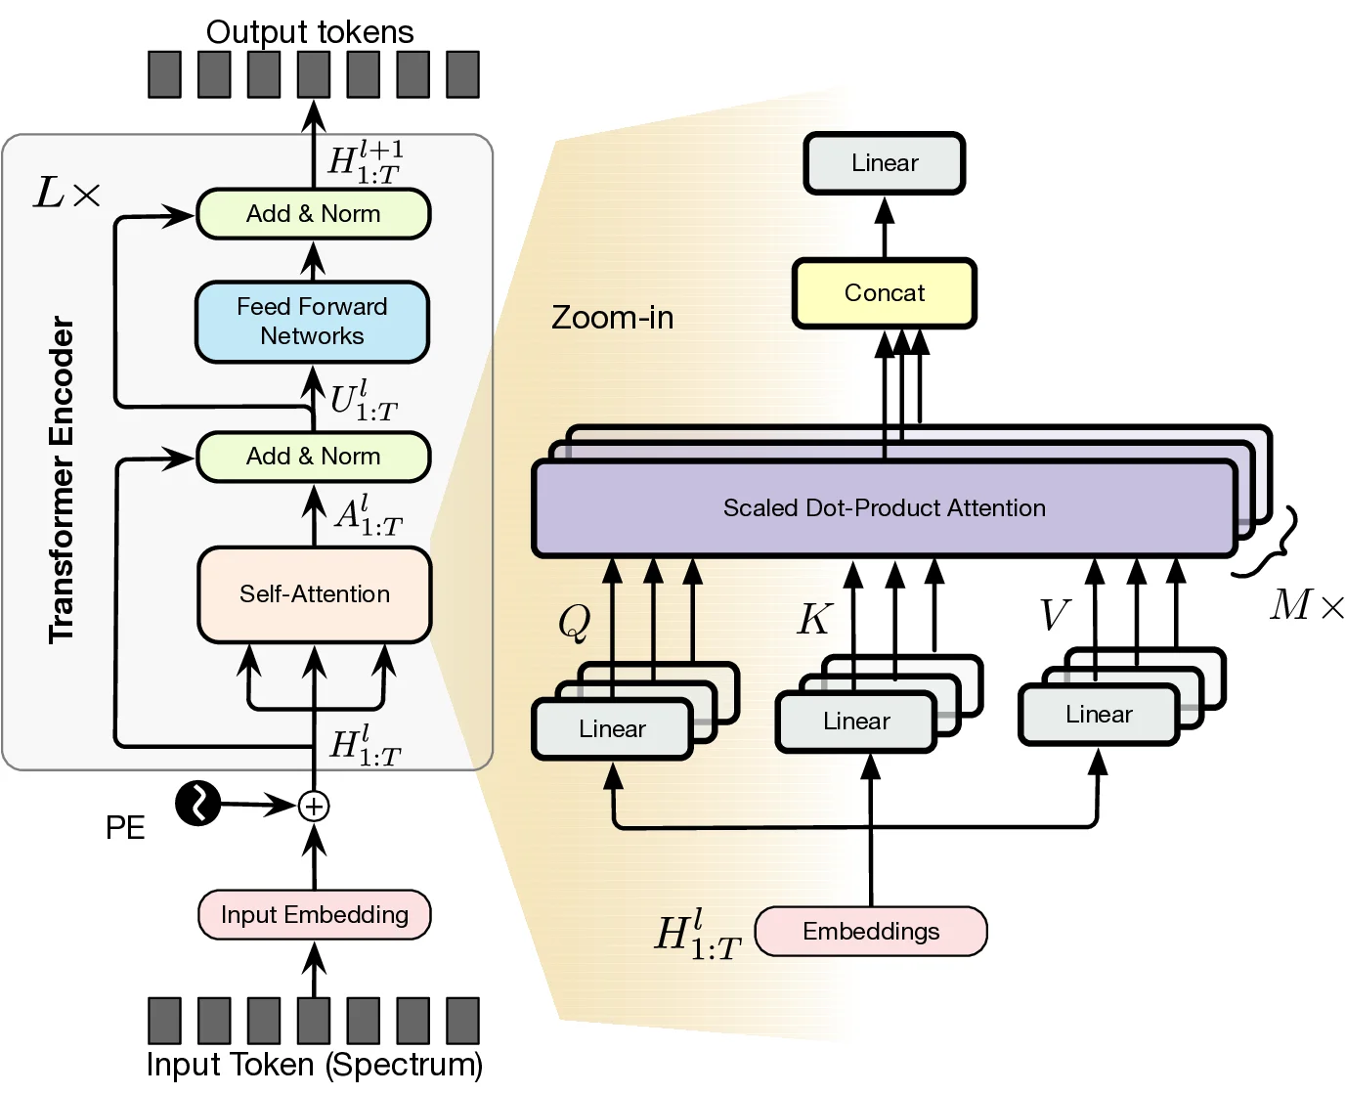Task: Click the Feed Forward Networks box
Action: pyautogui.click(x=312, y=322)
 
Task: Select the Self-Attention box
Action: pyautogui.click(x=314, y=594)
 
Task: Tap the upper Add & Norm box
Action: pyautogui.click(x=313, y=214)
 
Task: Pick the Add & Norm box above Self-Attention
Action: pyautogui.click(x=313, y=457)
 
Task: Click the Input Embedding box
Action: pyautogui.click(x=314, y=915)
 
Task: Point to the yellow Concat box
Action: pyautogui.click(x=884, y=293)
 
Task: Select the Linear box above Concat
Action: pyautogui.click(x=884, y=163)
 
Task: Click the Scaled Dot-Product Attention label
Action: pyautogui.click(x=884, y=508)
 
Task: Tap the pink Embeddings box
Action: pyautogui.click(x=870, y=931)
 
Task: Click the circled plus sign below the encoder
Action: pyautogui.click(x=314, y=807)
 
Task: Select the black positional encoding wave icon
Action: pyautogui.click(x=198, y=804)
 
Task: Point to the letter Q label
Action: pyautogui.click(x=575, y=621)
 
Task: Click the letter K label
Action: pyautogui.click(x=814, y=619)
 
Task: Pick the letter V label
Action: pyautogui.click(x=1053, y=616)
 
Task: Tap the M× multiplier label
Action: pyautogui.click(x=1306, y=606)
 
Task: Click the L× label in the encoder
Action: pyautogui.click(x=66, y=194)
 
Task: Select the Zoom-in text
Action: pyautogui.click(x=612, y=318)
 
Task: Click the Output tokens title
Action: pyautogui.click(x=310, y=31)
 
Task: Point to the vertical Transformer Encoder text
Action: pyautogui.click(x=62, y=479)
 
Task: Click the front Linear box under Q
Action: pyautogui.click(x=612, y=729)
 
